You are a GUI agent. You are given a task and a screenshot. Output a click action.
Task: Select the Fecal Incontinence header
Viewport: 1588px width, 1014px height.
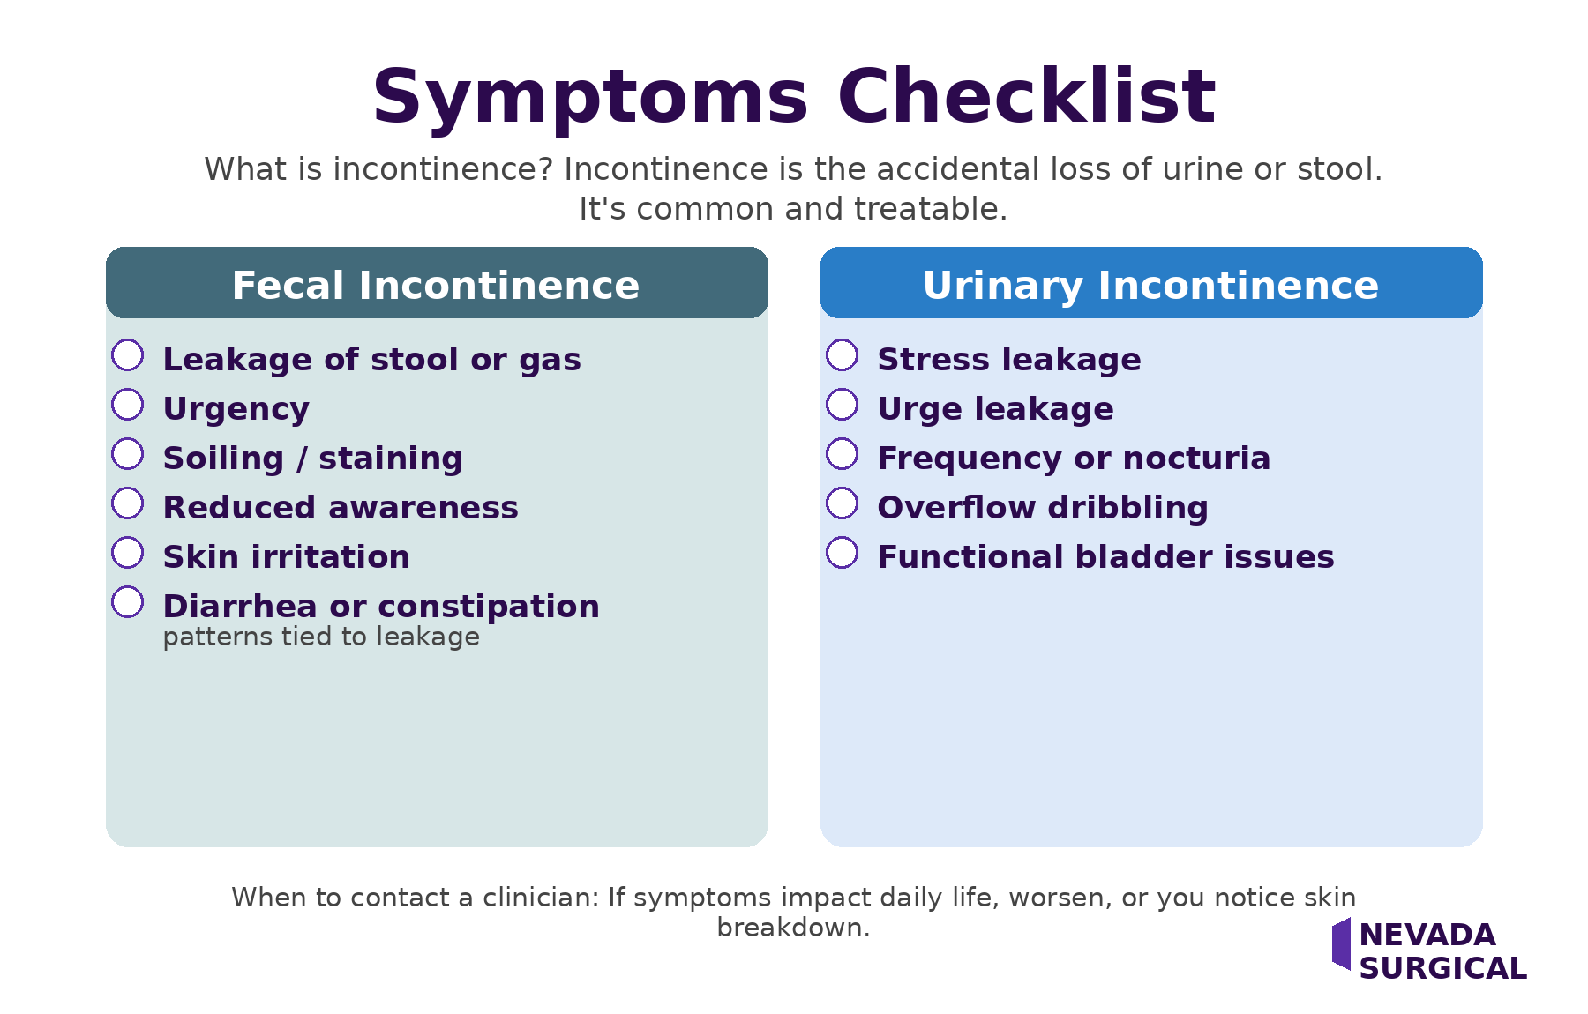pos(437,284)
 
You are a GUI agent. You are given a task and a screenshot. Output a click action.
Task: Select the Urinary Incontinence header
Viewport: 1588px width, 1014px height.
pos(1151,284)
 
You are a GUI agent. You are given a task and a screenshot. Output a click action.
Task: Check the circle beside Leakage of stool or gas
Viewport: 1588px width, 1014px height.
pos(128,355)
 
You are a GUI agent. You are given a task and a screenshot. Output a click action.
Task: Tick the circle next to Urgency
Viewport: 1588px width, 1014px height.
pos(128,405)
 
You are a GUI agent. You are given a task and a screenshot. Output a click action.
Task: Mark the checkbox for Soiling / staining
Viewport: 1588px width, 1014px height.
pos(128,454)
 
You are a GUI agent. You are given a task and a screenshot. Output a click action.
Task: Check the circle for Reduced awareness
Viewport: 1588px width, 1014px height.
pos(128,503)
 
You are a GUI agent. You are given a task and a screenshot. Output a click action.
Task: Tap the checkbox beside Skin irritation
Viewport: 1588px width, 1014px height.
pos(128,553)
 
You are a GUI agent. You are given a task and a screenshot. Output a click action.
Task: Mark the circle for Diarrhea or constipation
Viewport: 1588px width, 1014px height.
pos(128,602)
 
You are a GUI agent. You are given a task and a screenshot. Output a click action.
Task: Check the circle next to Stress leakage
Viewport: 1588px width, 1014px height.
pos(843,355)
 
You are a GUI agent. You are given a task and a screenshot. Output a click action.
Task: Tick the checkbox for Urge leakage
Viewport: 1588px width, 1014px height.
pos(843,405)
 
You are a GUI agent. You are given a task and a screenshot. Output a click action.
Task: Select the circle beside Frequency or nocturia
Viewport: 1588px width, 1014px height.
pos(843,454)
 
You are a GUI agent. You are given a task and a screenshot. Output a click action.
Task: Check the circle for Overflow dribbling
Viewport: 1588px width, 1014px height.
pos(843,503)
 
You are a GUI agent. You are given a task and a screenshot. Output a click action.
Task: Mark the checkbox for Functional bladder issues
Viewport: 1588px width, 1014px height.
pos(843,553)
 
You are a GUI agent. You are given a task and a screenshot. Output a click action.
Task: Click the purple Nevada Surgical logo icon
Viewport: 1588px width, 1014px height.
pos(1342,943)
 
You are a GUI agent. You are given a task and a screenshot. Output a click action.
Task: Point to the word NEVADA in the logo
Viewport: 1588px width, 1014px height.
pos(1427,935)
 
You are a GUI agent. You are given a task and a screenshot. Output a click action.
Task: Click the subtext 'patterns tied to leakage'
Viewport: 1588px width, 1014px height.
pos(321,637)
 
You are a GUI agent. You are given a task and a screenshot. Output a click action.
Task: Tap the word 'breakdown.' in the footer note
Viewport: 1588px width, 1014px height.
pos(793,928)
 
